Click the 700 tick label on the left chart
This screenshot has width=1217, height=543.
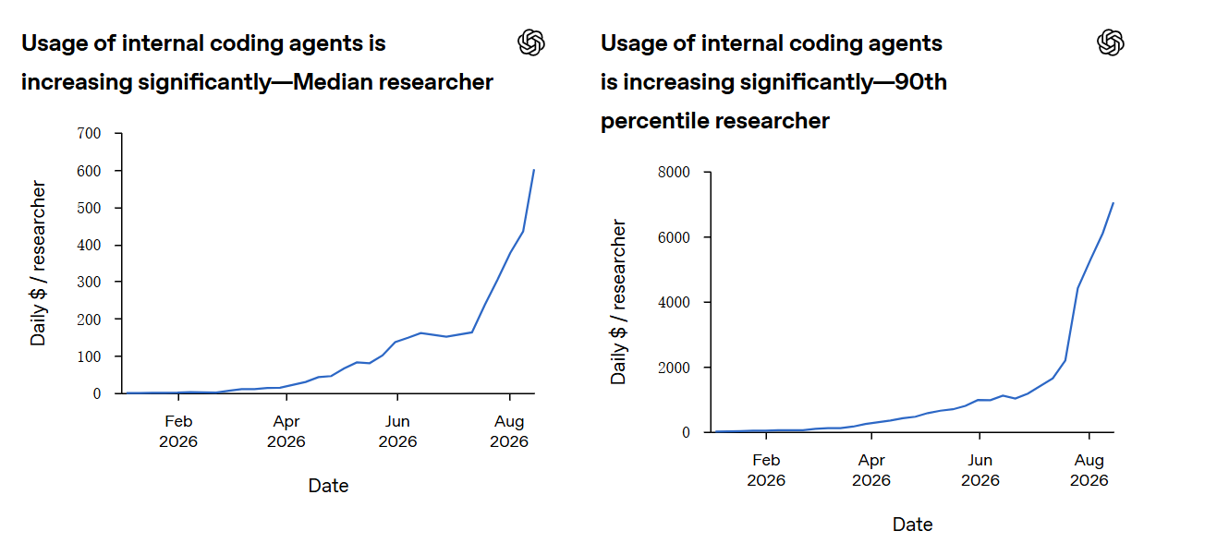point(89,133)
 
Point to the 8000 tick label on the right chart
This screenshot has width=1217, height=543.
point(674,172)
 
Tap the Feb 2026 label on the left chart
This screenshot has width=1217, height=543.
point(178,431)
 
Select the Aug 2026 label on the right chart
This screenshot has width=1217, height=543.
point(1089,470)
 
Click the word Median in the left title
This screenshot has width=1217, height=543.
point(333,82)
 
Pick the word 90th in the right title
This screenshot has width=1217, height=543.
point(921,82)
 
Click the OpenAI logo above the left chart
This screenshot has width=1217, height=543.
point(530,42)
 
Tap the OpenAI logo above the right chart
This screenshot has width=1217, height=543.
point(1111,42)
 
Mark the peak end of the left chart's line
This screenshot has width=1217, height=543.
point(533,170)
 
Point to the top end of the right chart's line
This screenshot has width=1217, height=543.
point(1114,203)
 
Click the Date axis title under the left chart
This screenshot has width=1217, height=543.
point(328,486)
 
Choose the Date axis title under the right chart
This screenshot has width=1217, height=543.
point(913,525)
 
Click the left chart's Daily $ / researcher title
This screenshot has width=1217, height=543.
point(38,263)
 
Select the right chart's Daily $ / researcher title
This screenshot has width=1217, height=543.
point(618,302)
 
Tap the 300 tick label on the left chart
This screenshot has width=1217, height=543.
point(89,282)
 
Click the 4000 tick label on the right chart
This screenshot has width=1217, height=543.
point(674,303)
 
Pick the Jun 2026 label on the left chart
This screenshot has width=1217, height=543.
point(397,431)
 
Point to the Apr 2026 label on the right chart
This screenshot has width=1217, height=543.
point(871,470)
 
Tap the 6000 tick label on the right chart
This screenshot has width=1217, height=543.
point(674,237)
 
